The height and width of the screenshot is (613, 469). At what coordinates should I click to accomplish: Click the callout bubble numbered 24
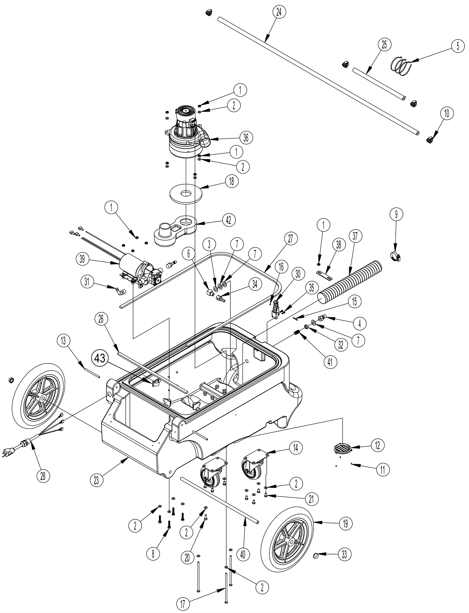279,13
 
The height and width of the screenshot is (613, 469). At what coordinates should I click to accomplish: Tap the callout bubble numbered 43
100,358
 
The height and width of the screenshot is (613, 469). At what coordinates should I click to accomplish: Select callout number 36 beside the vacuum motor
246,137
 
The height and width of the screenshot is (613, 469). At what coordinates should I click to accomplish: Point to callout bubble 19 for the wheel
345,523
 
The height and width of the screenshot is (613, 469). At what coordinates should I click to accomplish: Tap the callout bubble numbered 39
82,259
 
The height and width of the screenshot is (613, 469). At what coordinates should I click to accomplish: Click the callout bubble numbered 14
295,447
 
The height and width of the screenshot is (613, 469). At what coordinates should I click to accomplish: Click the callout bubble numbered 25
384,45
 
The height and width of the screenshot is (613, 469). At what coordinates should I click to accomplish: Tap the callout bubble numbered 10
446,113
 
